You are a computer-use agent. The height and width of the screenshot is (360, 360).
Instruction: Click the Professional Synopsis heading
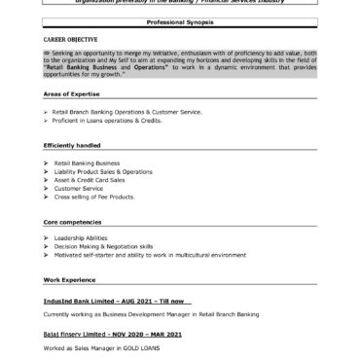click(x=180, y=20)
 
